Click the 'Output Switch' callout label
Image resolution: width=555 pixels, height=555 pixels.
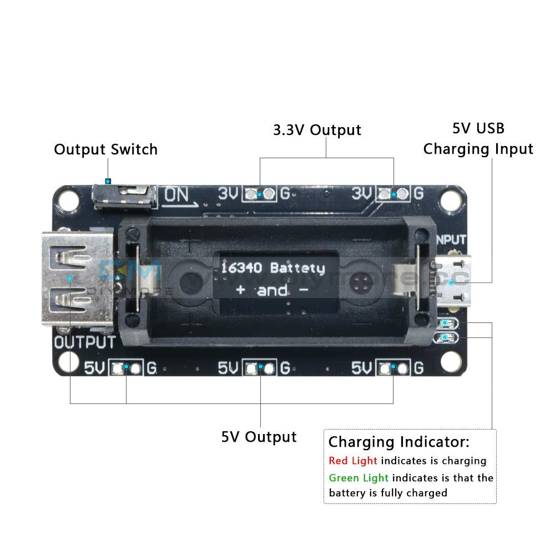[x=105, y=149]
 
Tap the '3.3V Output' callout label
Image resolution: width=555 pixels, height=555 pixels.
[x=317, y=130]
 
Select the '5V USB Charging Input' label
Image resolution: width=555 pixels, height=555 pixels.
[x=478, y=139]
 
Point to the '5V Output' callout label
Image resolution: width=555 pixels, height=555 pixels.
[x=259, y=437]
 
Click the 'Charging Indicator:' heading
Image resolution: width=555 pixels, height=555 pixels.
[x=398, y=442]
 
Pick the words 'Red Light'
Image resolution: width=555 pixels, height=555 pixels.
[x=352, y=461]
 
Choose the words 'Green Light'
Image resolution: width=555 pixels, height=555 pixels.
[x=359, y=478]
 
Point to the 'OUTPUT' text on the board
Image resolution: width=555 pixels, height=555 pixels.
[x=85, y=342]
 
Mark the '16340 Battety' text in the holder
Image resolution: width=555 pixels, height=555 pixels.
[x=273, y=268]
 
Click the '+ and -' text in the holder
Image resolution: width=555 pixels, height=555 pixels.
[x=273, y=290]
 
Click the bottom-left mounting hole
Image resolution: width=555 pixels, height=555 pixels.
[x=68, y=362]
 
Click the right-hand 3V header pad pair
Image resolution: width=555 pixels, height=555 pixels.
[x=393, y=194]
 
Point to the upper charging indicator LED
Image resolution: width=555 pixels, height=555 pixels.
[x=447, y=324]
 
